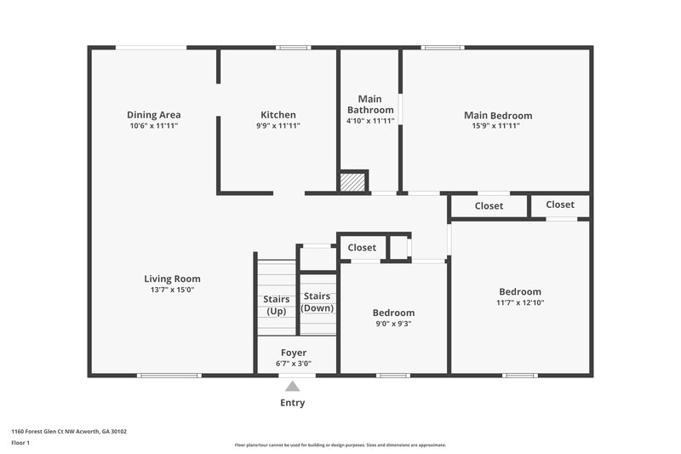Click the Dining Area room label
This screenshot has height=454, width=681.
(x=153, y=115)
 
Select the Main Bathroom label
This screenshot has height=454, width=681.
(x=369, y=105)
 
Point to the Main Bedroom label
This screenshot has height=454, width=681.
(x=498, y=116)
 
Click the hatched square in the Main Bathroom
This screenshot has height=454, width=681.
(x=352, y=181)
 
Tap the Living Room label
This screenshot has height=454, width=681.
(x=172, y=279)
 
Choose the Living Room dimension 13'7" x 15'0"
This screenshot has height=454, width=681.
(x=172, y=290)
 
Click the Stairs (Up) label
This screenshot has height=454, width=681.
(x=276, y=305)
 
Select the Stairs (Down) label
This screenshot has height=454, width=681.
(x=318, y=302)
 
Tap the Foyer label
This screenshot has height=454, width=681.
(x=294, y=353)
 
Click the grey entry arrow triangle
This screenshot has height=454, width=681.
(x=292, y=387)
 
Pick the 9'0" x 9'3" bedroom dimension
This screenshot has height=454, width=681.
(x=393, y=324)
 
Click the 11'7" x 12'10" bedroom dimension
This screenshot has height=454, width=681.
(x=519, y=302)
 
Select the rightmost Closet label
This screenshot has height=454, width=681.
(x=560, y=204)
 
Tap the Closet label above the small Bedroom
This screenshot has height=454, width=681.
(x=362, y=248)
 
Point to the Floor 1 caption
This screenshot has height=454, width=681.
(x=20, y=443)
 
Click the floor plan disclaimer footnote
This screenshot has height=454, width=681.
(x=340, y=445)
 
